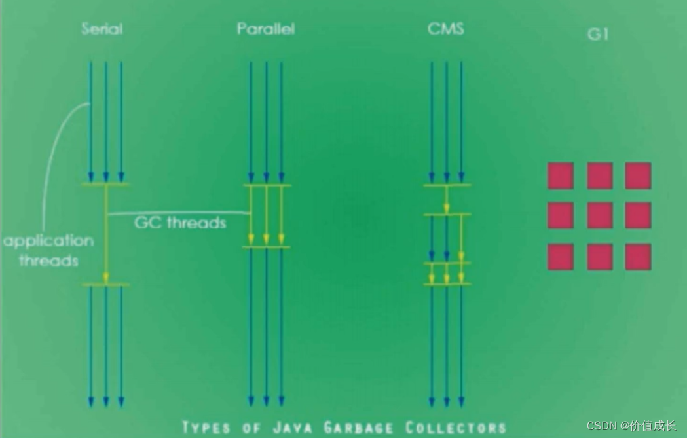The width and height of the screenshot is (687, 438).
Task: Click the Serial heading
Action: click(102, 29)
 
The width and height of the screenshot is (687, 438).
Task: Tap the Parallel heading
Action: click(266, 29)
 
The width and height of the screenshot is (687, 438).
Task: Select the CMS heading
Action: click(446, 29)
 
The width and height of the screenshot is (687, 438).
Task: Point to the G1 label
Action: click(598, 35)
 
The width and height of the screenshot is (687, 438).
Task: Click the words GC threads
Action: click(180, 223)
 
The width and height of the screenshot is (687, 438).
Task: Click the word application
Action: click(49, 241)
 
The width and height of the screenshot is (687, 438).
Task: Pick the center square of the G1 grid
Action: click(600, 215)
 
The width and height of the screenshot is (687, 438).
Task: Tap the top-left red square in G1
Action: click(561, 176)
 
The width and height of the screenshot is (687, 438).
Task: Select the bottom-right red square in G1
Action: click(638, 257)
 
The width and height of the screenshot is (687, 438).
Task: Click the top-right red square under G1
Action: click(638, 176)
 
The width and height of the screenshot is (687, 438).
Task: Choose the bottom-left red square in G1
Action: click(561, 257)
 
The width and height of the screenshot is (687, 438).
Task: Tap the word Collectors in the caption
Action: click(456, 428)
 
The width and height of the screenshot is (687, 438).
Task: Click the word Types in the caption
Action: click(206, 428)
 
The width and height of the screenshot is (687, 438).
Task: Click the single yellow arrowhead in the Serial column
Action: click(106, 278)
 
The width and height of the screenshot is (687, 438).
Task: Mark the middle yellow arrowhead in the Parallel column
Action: click(266, 238)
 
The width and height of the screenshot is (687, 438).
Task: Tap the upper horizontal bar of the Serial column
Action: click(105, 185)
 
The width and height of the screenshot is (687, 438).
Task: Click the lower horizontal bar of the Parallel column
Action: click(266, 247)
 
